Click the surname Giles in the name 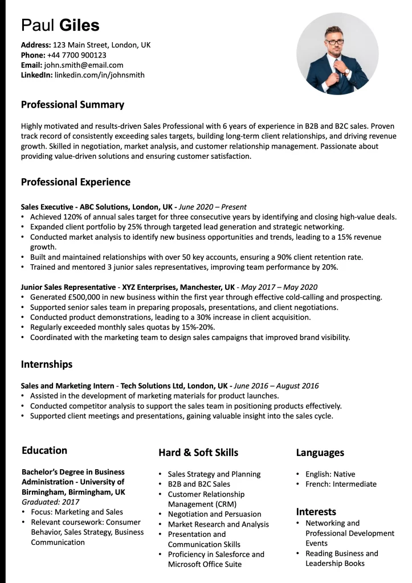(x=79, y=25)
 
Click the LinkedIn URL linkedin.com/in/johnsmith (x=100, y=75)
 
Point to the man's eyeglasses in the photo (x=335, y=42)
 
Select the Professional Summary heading (x=72, y=105)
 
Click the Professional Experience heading (x=76, y=182)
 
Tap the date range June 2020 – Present (x=213, y=207)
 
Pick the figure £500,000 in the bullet (x=87, y=297)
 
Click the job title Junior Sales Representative (x=68, y=287)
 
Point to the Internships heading (x=47, y=364)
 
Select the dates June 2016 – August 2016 (x=276, y=386)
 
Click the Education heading (x=44, y=450)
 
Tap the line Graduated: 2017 (x=51, y=502)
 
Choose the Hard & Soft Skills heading (x=198, y=453)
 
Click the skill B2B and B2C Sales (x=199, y=484)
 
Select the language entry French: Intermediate (x=341, y=484)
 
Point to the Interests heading (x=316, y=512)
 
